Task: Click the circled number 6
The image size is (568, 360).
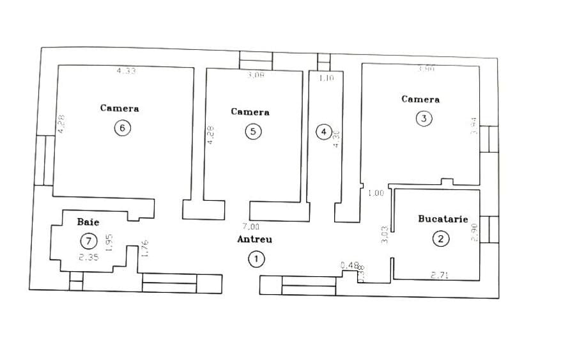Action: [x=123, y=128]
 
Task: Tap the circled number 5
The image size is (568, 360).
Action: [x=254, y=131]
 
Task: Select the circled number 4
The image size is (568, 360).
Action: [x=324, y=132]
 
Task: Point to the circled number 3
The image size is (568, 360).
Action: [x=424, y=118]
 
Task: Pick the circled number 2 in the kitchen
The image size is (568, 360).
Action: [x=440, y=239]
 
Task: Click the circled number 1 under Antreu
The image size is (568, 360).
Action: [x=256, y=259]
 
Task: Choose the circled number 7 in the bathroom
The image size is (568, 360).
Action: [x=88, y=241]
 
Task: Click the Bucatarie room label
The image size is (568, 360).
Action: [x=443, y=219]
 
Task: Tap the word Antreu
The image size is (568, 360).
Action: [x=254, y=239]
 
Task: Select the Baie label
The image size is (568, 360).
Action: [x=88, y=222]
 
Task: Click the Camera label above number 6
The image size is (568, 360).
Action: [x=119, y=108]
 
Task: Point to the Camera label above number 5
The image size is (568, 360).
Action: [x=250, y=112]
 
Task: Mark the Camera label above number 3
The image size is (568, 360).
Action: [x=420, y=99]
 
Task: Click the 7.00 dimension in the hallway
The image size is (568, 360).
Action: [x=250, y=226]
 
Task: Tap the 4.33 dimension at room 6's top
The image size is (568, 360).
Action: [x=126, y=71]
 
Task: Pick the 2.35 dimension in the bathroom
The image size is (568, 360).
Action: [x=88, y=258]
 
